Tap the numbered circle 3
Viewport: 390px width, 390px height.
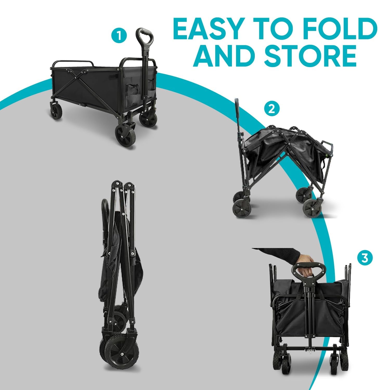tap(365, 258)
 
